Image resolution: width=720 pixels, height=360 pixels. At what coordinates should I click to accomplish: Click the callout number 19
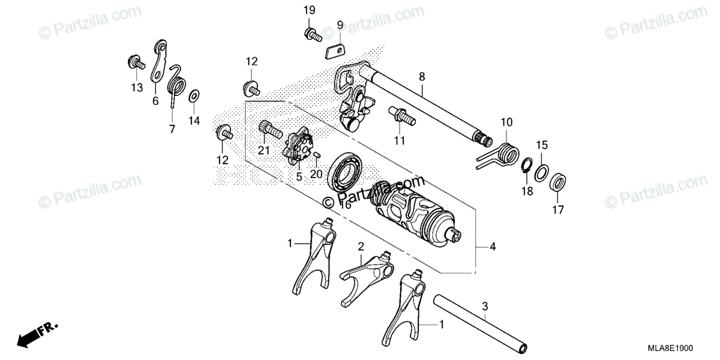click(309, 10)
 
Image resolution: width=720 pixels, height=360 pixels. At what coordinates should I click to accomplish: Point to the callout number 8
click(422, 76)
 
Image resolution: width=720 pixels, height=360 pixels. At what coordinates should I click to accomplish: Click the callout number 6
click(155, 101)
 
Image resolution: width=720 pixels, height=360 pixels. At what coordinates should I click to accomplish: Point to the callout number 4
click(493, 247)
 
